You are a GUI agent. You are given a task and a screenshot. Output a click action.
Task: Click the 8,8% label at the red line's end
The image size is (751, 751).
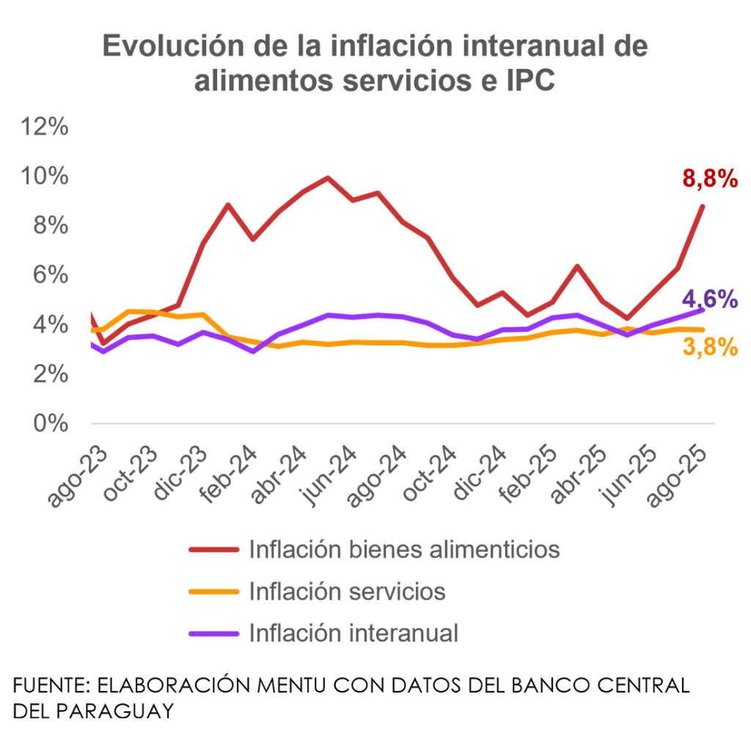coord(709,178)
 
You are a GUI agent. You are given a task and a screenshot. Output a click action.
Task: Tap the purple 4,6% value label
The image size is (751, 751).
coord(709,299)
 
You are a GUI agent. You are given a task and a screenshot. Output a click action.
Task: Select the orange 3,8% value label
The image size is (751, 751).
coord(709,348)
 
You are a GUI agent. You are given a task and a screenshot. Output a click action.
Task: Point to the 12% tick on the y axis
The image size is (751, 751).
coord(45,127)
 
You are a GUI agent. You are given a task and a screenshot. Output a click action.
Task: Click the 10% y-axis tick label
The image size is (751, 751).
coord(45,177)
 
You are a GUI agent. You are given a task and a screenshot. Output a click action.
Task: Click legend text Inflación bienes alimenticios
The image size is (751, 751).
coord(405,549)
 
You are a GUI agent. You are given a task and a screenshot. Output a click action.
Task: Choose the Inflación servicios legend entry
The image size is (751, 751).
coord(347,591)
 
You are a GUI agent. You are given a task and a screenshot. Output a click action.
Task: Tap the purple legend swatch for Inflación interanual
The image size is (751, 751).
coord(213,634)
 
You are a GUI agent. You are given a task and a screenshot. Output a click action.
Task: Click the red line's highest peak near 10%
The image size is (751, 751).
coord(327,177)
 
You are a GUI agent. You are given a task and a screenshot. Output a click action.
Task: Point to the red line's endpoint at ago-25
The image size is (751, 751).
coord(703,206)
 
